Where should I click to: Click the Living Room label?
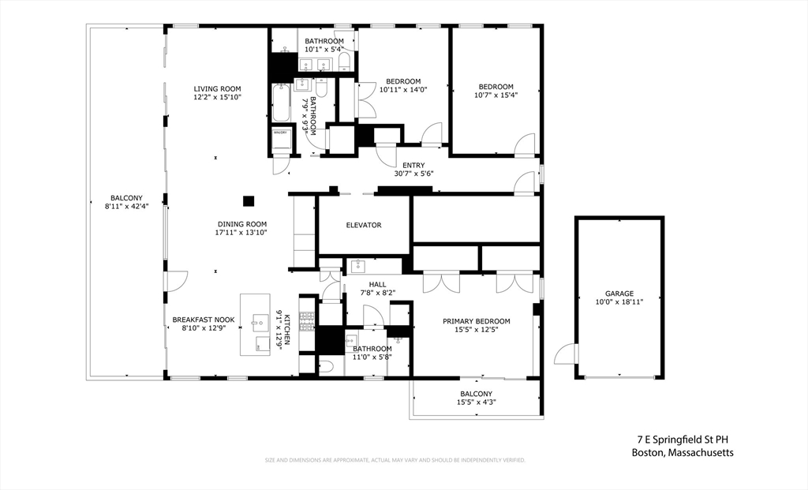pos(217,88)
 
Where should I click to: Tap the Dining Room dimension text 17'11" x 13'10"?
pos(241,233)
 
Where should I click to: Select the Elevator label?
pos(363,225)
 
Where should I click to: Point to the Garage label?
pos(619,294)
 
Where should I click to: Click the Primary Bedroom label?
pos(476,321)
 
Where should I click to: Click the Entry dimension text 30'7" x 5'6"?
pos(413,174)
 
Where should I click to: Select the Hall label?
pos(377,284)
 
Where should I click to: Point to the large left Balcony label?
pos(126,198)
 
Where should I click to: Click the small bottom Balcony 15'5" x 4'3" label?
pos(476,394)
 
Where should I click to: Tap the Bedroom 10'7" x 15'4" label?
pos(496,87)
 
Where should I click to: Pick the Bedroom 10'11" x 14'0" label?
pos(402,81)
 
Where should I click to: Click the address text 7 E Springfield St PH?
pos(685,440)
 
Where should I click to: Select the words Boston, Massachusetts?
pos(683,452)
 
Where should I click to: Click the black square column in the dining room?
pos(249,200)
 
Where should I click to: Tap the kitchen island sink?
pos(262,321)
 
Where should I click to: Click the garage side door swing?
pos(566,353)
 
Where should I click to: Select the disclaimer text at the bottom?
pos(395,460)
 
